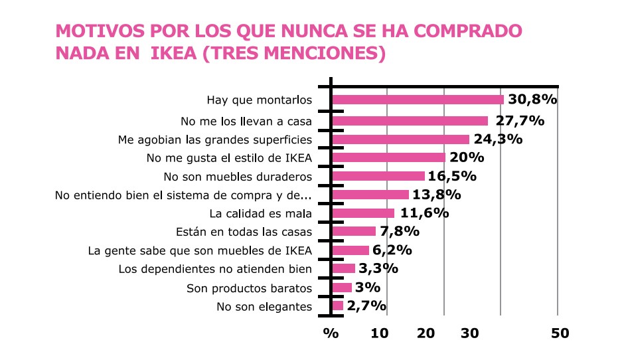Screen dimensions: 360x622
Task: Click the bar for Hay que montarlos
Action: (418, 100)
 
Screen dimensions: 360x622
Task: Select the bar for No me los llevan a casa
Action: (410, 121)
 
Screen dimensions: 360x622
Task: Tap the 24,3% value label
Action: (497, 139)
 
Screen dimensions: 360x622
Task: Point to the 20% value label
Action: (467, 157)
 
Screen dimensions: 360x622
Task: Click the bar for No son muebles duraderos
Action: (378, 176)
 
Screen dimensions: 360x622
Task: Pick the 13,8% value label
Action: (436, 195)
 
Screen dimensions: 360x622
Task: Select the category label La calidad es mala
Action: (260, 214)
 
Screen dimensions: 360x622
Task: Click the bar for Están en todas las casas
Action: (354, 231)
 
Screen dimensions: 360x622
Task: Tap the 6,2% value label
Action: (392, 250)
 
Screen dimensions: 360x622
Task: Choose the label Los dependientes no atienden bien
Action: (215, 269)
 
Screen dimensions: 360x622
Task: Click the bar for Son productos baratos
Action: (342, 288)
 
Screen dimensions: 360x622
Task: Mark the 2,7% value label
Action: (366, 306)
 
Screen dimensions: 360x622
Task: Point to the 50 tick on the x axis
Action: (560, 333)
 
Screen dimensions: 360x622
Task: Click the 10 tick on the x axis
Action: (379, 333)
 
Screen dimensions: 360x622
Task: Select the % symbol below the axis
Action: (330, 333)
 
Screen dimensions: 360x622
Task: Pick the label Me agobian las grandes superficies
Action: (215, 140)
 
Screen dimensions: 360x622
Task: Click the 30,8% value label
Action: (532, 100)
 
